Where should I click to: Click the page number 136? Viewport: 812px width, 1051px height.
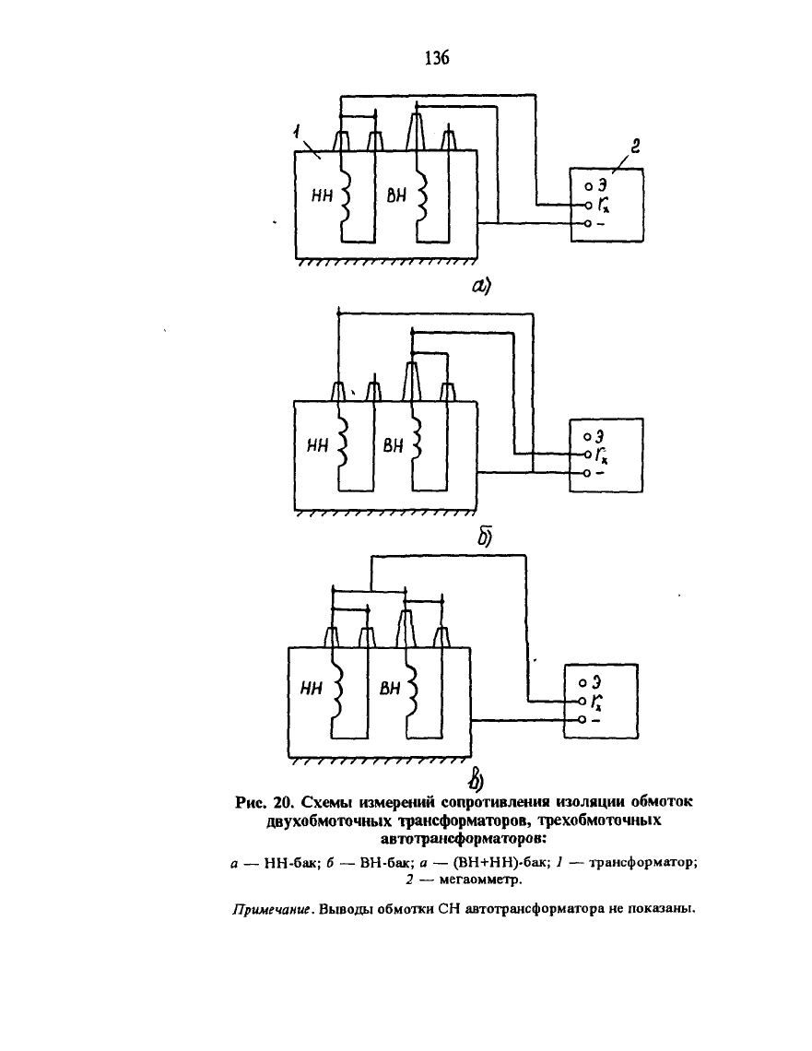click(x=437, y=58)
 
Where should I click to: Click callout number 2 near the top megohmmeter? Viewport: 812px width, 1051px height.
click(x=636, y=146)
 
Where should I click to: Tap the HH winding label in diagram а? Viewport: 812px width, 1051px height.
click(x=323, y=195)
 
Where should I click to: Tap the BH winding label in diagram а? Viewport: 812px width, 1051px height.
click(x=396, y=195)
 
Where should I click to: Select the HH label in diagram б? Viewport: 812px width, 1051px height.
click(x=318, y=445)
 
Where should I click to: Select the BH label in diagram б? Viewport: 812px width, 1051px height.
click(x=394, y=445)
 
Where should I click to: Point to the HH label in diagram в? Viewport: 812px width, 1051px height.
click(x=312, y=689)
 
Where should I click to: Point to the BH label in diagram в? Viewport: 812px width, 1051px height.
click(x=390, y=689)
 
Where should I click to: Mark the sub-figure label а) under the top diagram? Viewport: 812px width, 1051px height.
click(x=481, y=287)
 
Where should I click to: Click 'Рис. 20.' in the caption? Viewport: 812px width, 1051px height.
click(x=265, y=802)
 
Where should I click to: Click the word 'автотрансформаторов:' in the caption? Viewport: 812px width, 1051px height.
click(x=464, y=839)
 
